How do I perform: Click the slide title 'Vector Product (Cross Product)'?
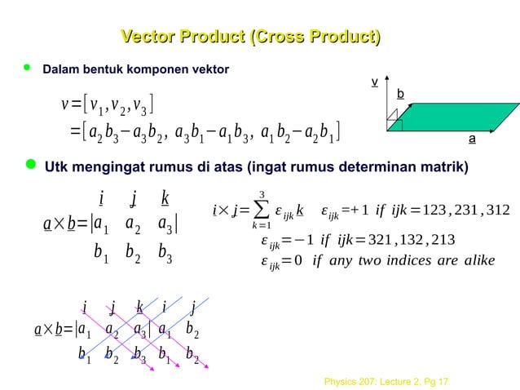[x=251, y=37]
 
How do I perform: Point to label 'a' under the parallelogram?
[x=472, y=139]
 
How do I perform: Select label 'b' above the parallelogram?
[x=400, y=95]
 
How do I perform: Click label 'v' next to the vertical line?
[x=374, y=82]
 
